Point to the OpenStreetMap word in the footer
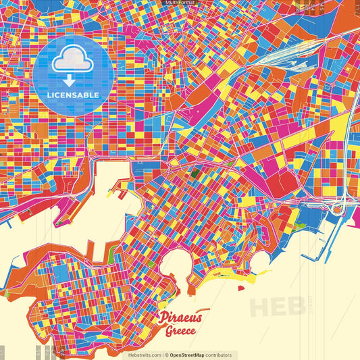(192, 355)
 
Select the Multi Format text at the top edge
(180, 3)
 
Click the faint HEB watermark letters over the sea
(277, 305)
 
